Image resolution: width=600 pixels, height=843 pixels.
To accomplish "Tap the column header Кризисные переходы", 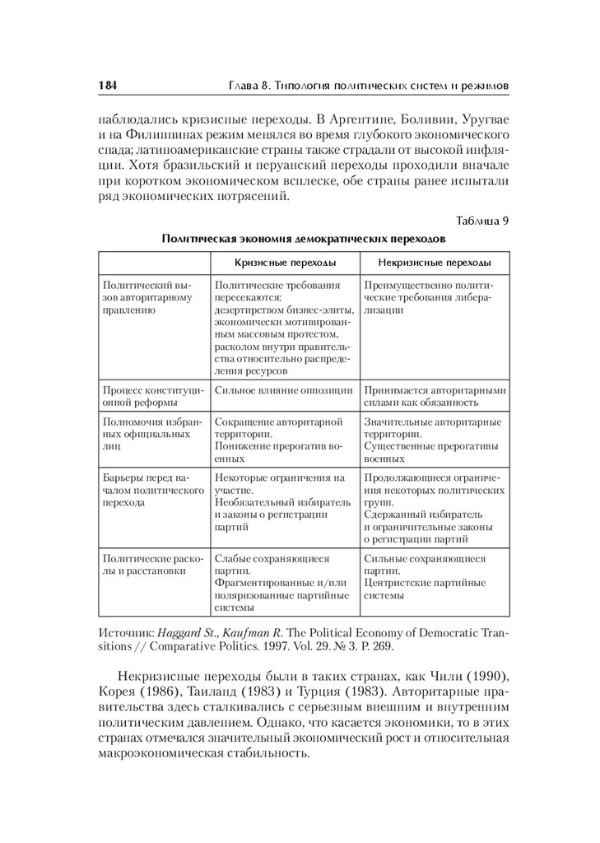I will (285, 263).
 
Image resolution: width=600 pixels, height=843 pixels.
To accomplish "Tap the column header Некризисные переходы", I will (435, 263).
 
